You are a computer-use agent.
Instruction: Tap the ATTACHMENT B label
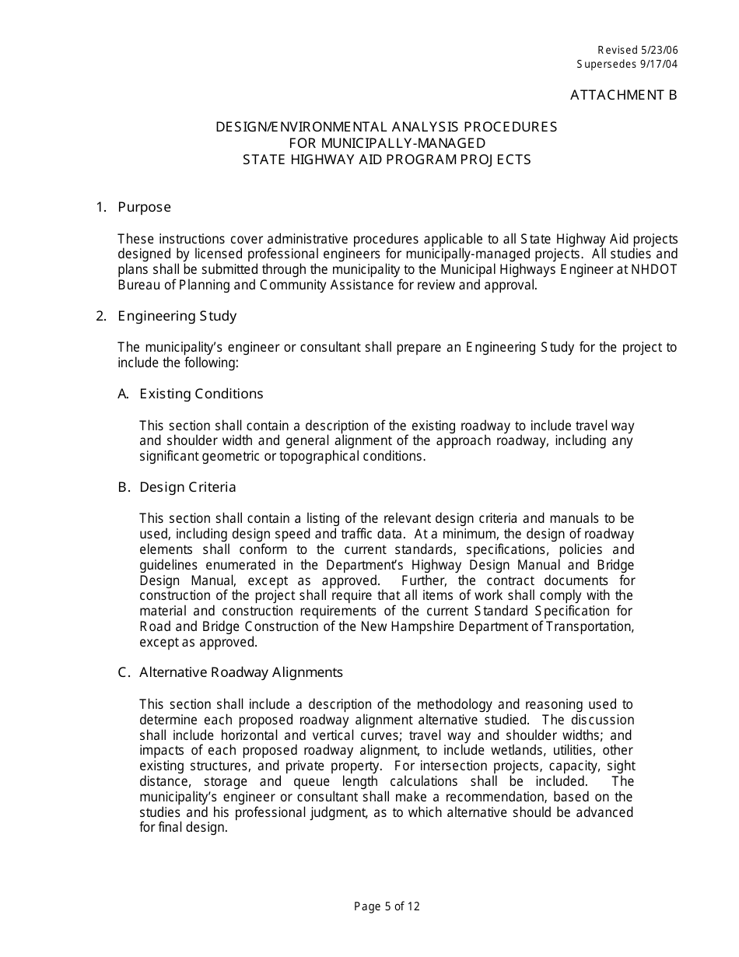point(623,95)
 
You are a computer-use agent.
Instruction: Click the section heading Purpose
point(144,207)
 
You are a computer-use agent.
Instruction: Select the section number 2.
point(100,316)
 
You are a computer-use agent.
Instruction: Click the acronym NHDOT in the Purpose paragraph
point(659,269)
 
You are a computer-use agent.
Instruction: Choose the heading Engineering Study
point(177,316)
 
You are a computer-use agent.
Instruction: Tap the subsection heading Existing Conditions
point(201,394)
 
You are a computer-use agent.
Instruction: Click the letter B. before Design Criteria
point(124,487)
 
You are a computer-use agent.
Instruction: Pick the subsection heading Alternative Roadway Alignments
point(241,672)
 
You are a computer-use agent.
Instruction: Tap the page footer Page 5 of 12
point(387,906)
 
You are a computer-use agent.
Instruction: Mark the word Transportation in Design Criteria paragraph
point(590,627)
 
